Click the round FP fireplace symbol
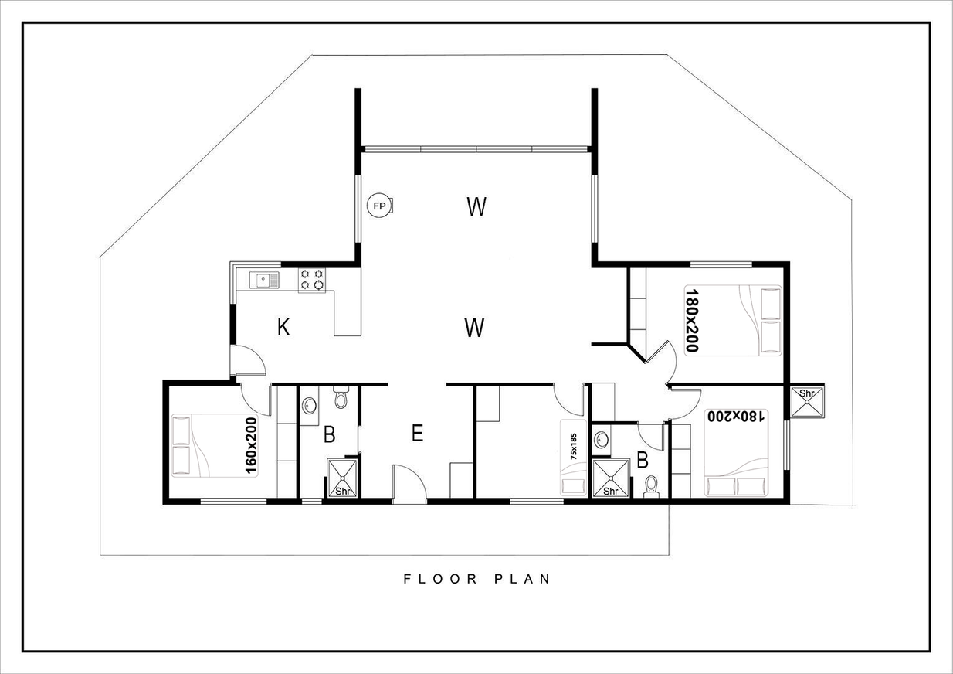[x=379, y=206]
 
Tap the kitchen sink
[x=264, y=280]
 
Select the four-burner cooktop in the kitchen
[x=312, y=280]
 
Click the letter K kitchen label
[x=283, y=328]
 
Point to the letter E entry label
[x=417, y=433]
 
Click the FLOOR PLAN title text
[x=477, y=579]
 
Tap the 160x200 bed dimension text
[x=251, y=445]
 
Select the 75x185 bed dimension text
[x=574, y=446]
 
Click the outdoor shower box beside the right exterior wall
[x=806, y=402]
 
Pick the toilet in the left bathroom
[x=341, y=397]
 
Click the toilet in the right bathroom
[x=651, y=487]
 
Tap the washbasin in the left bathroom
[x=309, y=405]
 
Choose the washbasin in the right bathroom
[x=601, y=439]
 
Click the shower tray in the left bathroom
[x=342, y=478]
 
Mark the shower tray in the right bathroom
[x=611, y=478]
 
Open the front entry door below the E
[x=409, y=484]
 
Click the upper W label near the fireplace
[x=476, y=206]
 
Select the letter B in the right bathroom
[x=643, y=460]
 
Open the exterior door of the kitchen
[x=248, y=360]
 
